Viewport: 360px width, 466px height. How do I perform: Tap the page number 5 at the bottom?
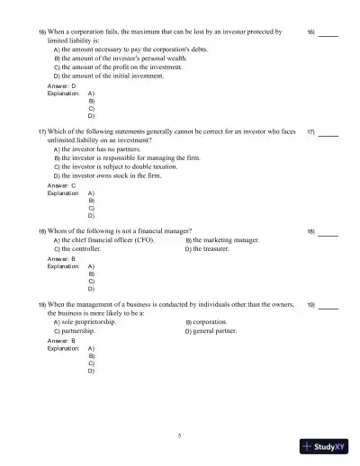180,435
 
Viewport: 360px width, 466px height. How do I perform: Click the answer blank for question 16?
328,34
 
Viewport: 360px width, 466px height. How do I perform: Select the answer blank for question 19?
328,307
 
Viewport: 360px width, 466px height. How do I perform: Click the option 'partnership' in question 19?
78,331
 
